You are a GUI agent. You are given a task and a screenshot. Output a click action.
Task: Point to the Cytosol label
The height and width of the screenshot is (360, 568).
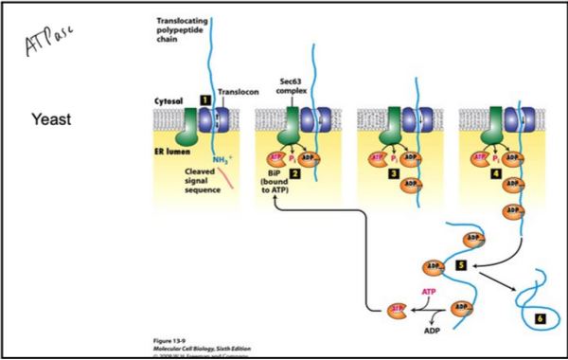pyautogui.click(x=169, y=99)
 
